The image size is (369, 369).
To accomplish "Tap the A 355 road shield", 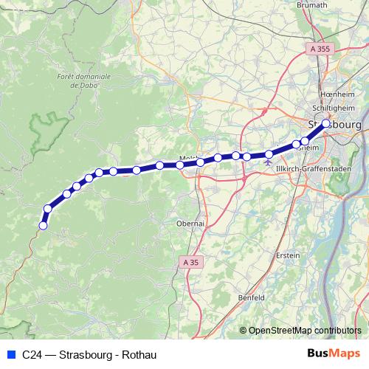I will pyautogui.click(x=320, y=49).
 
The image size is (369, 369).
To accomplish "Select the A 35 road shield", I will pyautogui.click(x=190, y=262).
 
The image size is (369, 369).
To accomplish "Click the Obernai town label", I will pyautogui.click(x=190, y=222).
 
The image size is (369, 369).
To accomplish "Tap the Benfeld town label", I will pyautogui.click(x=252, y=297).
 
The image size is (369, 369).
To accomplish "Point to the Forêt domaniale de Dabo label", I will pyautogui.click(x=83, y=80).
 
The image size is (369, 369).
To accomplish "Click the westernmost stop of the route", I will pyautogui.click(x=43, y=226).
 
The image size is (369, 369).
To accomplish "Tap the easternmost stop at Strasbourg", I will pyautogui.click(x=326, y=124).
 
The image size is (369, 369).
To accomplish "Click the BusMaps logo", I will pyautogui.click(x=334, y=354).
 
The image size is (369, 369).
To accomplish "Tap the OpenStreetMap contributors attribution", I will pyautogui.click(x=305, y=330).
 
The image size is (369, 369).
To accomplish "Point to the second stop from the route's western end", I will pyautogui.click(x=48, y=209).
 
